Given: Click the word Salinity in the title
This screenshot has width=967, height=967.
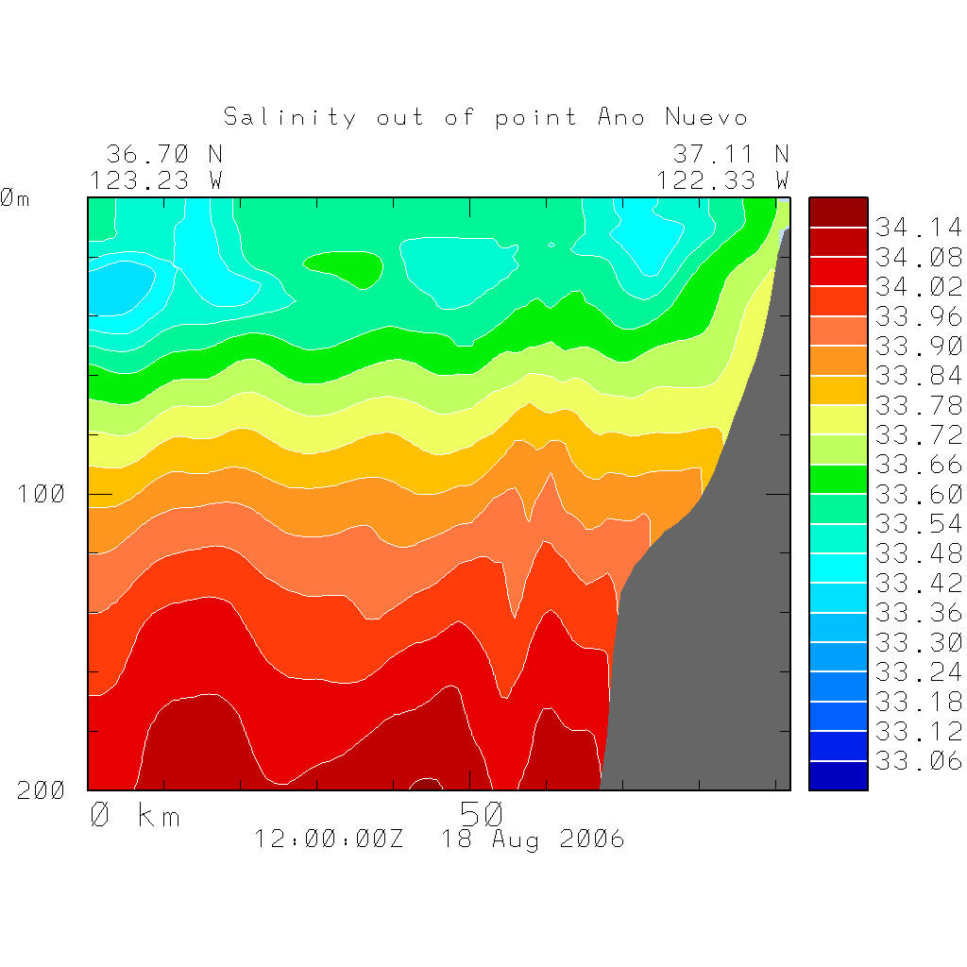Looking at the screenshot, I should [x=290, y=117].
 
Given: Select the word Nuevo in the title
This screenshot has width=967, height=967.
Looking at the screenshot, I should [x=706, y=117].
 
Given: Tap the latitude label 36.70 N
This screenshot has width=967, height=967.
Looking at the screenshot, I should [x=163, y=154].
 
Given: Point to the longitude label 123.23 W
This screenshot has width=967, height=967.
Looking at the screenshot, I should [x=156, y=179].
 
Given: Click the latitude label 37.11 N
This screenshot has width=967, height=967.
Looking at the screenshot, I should [x=730, y=154].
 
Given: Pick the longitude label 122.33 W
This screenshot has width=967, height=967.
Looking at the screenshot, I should [x=722, y=179].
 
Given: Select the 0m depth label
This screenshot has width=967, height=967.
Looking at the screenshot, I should [x=14, y=199].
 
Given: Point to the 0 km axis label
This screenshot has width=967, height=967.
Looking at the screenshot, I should [x=134, y=815].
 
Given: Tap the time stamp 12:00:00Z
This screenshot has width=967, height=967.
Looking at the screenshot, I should [x=328, y=840].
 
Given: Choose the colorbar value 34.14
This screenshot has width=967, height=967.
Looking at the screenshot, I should [x=917, y=228].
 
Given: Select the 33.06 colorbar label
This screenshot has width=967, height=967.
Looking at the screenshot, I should [x=917, y=761].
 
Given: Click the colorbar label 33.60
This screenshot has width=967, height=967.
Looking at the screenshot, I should [x=917, y=494].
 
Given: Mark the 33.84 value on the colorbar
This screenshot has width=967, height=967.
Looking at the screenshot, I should [x=917, y=376].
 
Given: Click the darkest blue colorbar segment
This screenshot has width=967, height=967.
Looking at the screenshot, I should [x=838, y=775].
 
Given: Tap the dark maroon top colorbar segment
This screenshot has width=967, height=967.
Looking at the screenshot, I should [x=838, y=212].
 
